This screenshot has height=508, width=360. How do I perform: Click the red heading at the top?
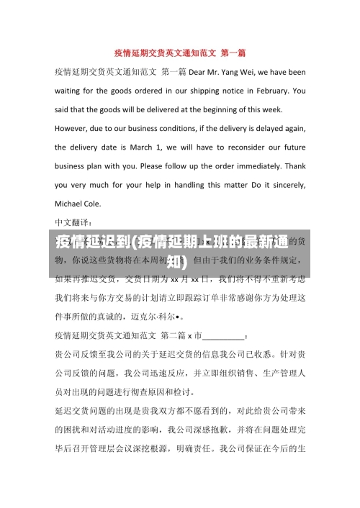tap(180, 53)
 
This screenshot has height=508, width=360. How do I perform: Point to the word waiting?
tap(71, 91)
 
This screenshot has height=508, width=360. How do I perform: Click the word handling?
tap(171, 184)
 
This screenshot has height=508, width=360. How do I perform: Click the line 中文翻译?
tap(78, 222)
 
